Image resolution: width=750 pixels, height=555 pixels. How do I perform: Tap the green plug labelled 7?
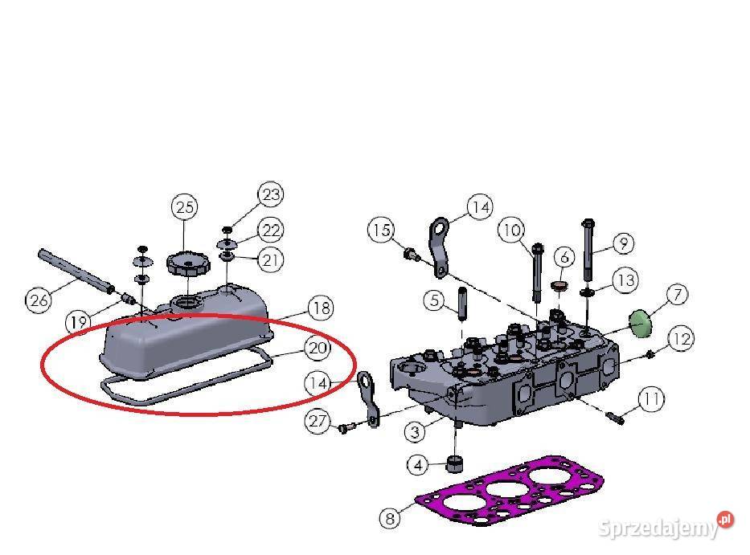[640, 324]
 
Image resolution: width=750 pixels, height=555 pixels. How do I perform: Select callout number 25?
[185, 207]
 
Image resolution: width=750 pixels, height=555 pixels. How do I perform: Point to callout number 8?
[390, 518]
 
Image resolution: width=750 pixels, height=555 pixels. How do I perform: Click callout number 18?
[321, 308]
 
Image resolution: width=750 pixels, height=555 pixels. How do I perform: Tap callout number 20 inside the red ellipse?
[318, 349]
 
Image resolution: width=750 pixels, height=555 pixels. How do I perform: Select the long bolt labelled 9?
[588, 250]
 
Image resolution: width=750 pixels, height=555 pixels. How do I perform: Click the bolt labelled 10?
[538, 273]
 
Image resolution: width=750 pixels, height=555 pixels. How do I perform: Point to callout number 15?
[381, 230]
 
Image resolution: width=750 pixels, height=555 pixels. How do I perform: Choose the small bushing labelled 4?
[454, 463]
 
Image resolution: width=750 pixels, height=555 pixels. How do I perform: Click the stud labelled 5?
[462, 304]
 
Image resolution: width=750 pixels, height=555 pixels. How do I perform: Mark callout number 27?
[318, 421]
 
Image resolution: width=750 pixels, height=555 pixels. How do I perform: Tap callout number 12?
[681, 338]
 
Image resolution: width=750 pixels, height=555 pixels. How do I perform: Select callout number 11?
[651, 398]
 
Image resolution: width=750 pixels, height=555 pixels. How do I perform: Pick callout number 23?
[271, 194]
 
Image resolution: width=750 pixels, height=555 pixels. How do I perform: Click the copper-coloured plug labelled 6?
[559, 286]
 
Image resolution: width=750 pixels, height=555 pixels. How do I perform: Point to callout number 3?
[415, 432]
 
